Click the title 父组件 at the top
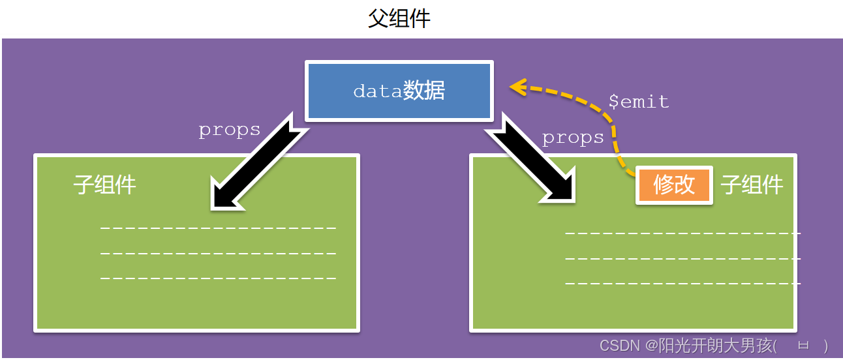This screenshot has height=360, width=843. [x=399, y=18]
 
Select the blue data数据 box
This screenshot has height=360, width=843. [x=399, y=91]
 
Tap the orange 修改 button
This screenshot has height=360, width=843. [x=674, y=185]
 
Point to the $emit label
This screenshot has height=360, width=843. [x=638, y=102]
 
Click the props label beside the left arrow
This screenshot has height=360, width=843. [x=230, y=130]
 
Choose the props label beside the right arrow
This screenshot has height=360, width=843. [x=573, y=138]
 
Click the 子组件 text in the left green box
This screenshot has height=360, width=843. [x=105, y=185]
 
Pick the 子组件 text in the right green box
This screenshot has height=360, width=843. [x=752, y=185]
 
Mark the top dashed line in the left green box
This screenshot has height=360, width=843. [x=218, y=228]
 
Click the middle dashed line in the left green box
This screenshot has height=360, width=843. [x=218, y=253]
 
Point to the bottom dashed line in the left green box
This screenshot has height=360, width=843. [x=218, y=278]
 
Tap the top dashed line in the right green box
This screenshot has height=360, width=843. [x=682, y=233]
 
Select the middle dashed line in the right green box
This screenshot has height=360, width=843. [x=682, y=258]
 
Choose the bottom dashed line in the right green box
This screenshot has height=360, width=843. [x=682, y=284]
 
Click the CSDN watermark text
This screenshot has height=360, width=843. [x=620, y=346]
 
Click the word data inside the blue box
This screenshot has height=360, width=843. [x=377, y=91]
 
